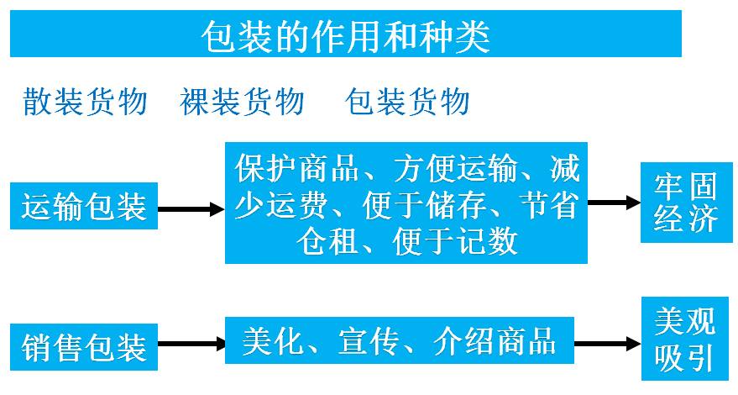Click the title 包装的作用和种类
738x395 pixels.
[x=345, y=35]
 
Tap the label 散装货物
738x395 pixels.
[x=85, y=102]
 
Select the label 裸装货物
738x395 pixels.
[x=242, y=102]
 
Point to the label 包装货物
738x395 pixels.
[x=407, y=102]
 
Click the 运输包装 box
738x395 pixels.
[x=84, y=206]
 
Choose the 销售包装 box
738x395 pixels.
[x=84, y=345]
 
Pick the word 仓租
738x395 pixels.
[x=328, y=242]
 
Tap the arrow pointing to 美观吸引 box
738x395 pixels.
[x=606, y=344]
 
